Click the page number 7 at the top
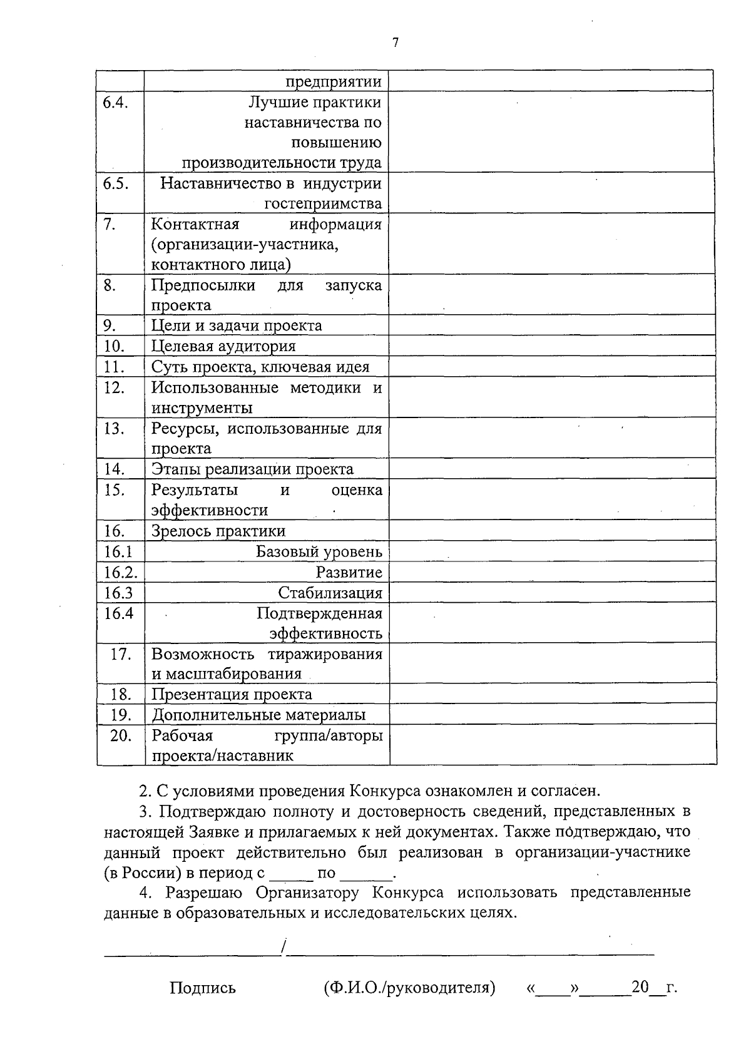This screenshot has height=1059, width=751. pyautogui.click(x=395, y=43)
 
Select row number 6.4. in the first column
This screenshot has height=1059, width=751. pyautogui.click(x=116, y=102)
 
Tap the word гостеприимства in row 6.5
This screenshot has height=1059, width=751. pyautogui.click(x=323, y=204)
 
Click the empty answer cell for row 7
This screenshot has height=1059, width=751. pyautogui.click(x=551, y=243)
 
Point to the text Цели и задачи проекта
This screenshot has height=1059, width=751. pyautogui.click(x=237, y=325)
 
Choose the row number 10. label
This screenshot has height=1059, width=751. pyautogui.click(x=115, y=346)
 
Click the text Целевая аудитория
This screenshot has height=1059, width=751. pyautogui.click(x=223, y=346)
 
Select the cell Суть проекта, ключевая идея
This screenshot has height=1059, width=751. pyautogui.click(x=260, y=367)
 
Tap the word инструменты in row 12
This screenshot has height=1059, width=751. pyautogui.click(x=202, y=408)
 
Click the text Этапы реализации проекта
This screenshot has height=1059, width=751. pyautogui.click(x=252, y=469)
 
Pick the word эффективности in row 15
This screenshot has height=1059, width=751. pyautogui.click(x=209, y=510)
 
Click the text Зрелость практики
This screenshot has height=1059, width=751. pyautogui.click(x=218, y=531)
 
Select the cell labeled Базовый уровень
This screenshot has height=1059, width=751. pyautogui.click(x=319, y=552)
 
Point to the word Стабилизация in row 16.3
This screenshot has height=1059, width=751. pyautogui.click(x=330, y=593)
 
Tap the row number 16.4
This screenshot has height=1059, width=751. pyautogui.click(x=119, y=613)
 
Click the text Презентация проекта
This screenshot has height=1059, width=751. pyautogui.click(x=232, y=694)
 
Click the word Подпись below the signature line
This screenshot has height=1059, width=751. pyautogui.click(x=203, y=988)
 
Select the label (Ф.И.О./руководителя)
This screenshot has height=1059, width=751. pyautogui.click(x=409, y=988)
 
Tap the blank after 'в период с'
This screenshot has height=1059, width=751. pyautogui.click(x=290, y=872)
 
